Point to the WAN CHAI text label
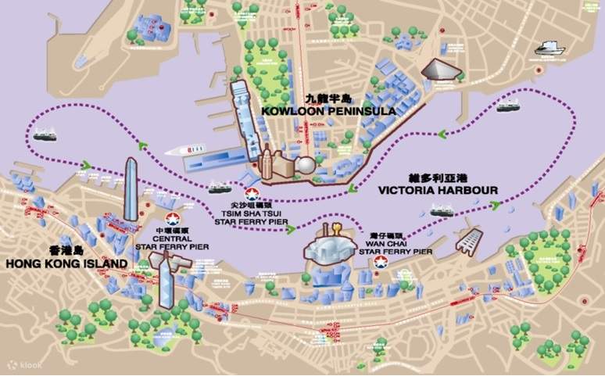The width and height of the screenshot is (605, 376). (386, 243)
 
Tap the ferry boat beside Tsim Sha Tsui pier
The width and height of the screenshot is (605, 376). (219, 188)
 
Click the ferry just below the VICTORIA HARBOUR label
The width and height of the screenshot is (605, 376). (442, 211)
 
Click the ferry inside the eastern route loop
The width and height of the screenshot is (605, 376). (508, 105)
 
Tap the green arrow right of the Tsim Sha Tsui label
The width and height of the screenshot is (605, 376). (291, 229)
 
